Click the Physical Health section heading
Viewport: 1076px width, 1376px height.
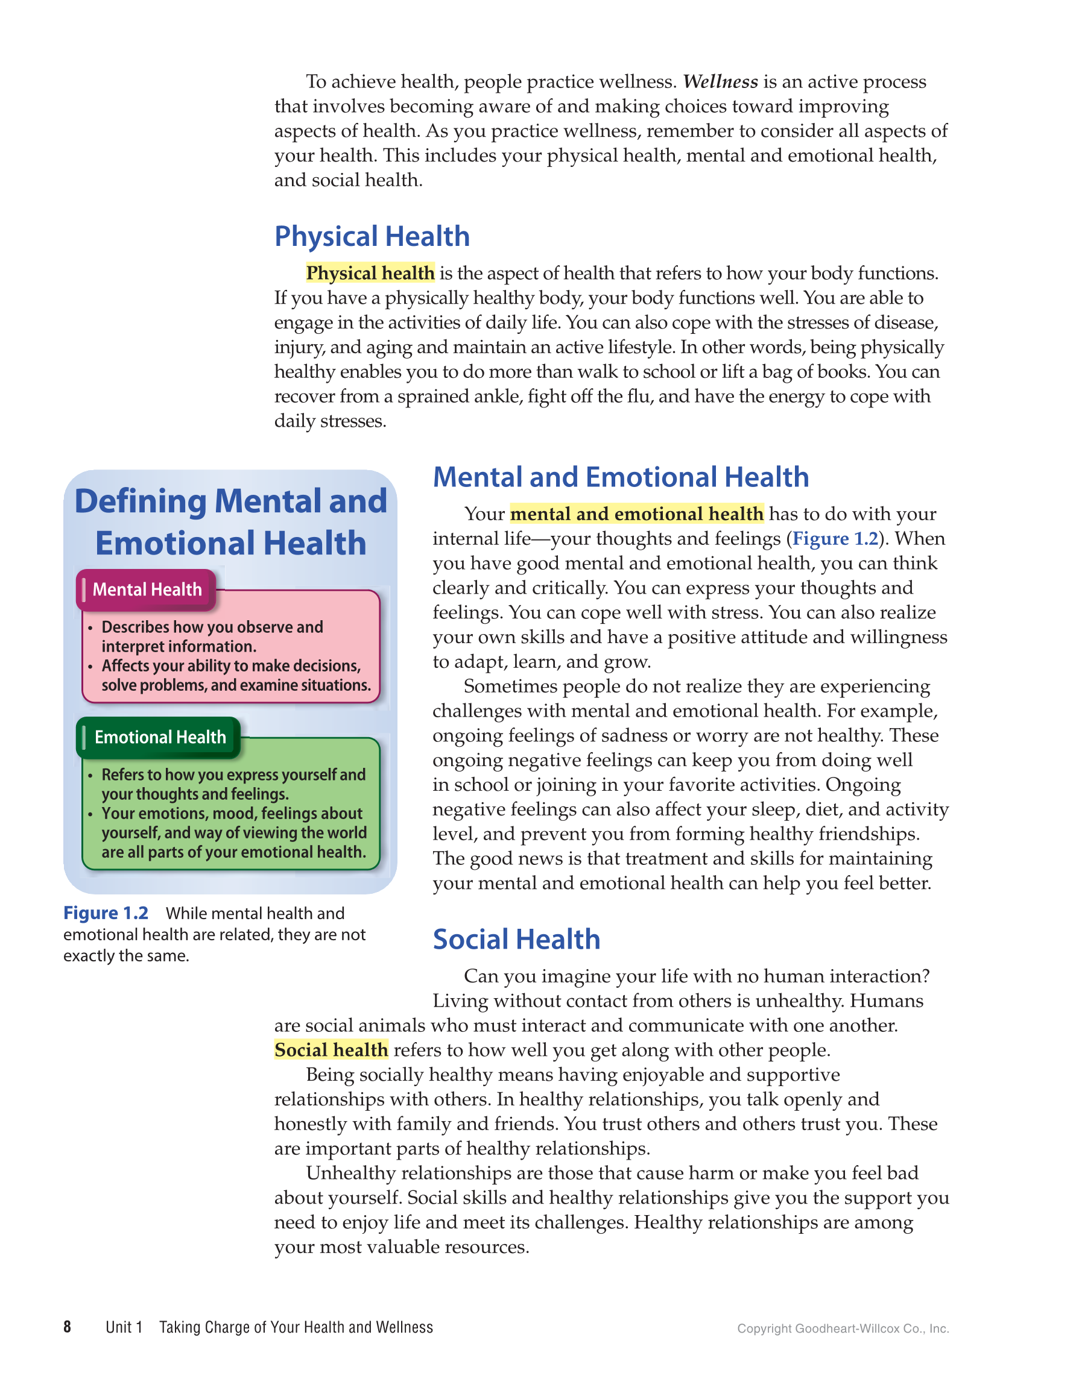pos(372,237)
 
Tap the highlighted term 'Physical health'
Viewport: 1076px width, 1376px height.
pos(370,273)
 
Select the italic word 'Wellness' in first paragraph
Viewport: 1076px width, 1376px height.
pos(720,82)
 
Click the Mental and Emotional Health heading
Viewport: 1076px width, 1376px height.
pos(620,477)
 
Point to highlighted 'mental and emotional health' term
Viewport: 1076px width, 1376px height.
pos(637,514)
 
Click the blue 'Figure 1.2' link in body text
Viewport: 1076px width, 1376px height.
pos(835,539)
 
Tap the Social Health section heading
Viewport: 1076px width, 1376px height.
pos(516,940)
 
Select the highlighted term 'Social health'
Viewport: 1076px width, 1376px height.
pos(331,1051)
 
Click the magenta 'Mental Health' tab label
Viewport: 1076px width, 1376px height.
pos(147,589)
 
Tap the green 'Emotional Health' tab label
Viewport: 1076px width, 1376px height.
pos(159,737)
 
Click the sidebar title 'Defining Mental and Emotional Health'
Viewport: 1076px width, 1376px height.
pos(231,522)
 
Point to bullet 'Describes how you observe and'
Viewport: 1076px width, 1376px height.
pos(212,627)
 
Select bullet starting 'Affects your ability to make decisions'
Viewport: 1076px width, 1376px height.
pos(231,666)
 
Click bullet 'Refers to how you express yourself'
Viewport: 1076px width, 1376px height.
pos(233,775)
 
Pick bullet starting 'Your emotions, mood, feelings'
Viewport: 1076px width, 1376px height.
pos(232,814)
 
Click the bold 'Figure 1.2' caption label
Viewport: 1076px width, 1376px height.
pos(106,913)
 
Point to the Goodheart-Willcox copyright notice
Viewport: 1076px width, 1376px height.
pos(843,1329)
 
